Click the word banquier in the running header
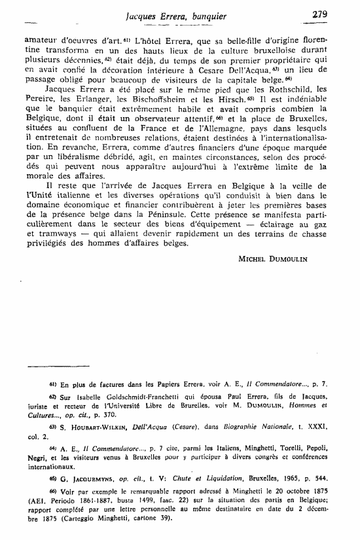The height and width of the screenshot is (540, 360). [226, 13]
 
